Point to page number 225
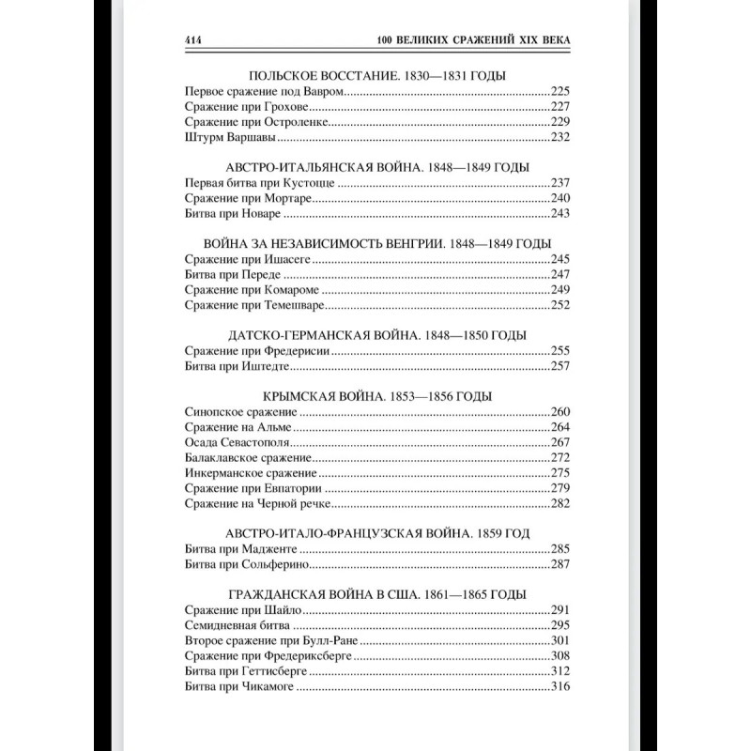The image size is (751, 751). coord(560,91)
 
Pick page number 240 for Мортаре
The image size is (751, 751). coord(560,198)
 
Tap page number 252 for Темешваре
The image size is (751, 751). coord(560,305)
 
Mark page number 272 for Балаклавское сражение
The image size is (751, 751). coord(560,457)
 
